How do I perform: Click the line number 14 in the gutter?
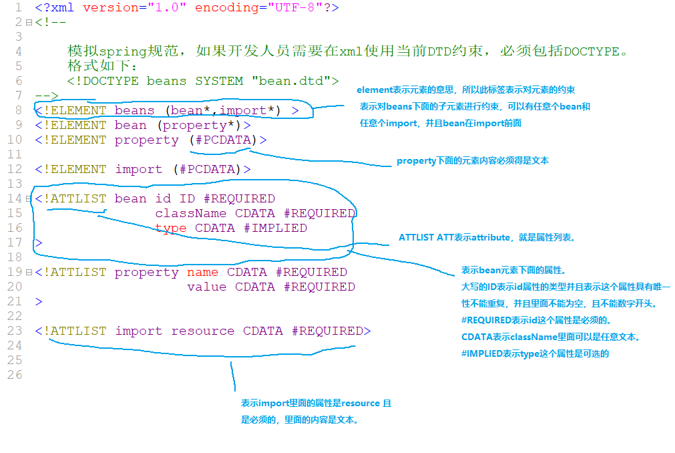point(15,198)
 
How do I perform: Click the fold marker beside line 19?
point(29,273)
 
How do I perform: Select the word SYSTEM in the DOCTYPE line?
point(219,81)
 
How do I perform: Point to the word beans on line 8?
point(134,110)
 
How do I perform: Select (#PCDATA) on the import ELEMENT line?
point(210,169)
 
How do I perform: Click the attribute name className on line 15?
point(191,213)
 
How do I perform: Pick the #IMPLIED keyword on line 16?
point(275,228)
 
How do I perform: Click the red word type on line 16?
point(170,228)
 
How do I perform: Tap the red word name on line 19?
point(202,272)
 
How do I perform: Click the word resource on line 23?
point(202,331)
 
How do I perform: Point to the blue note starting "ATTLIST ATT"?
point(487,237)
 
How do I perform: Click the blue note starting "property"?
point(472,161)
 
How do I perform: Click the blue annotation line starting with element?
point(465,90)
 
